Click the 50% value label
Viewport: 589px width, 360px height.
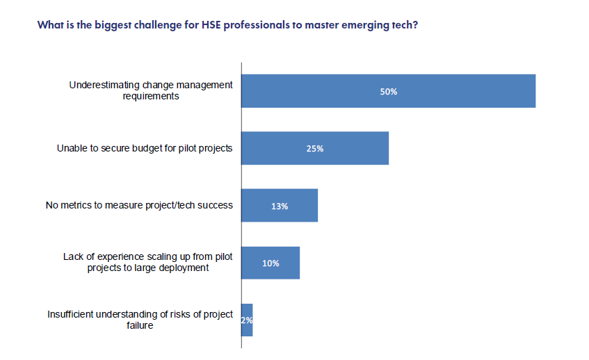tap(388, 91)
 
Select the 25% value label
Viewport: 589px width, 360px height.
tap(315, 149)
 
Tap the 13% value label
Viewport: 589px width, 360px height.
tap(280, 206)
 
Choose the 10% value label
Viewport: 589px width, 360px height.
tap(271, 263)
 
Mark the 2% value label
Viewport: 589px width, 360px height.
tap(247, 320)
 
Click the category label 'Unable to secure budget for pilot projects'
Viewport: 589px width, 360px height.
tap(144, 149)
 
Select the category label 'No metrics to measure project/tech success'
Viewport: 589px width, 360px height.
tap(139, 206)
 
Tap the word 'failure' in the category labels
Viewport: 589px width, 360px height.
tap(140, 325)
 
